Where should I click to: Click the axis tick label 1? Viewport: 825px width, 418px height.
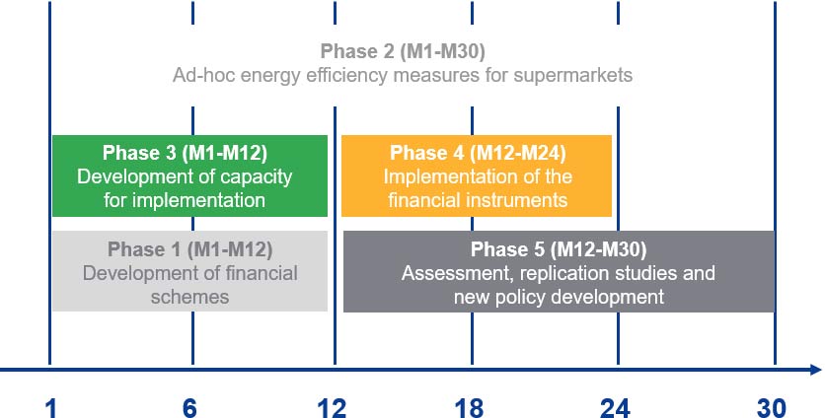click(50, 408)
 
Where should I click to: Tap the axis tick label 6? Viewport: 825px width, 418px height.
click(189, 408)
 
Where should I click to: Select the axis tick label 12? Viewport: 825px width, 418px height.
click(332, 408)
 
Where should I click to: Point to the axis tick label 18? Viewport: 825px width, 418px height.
click(470, 408)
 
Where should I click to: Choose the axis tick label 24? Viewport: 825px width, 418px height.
click(615, 408)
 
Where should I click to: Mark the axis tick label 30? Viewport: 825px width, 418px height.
click(772, 408)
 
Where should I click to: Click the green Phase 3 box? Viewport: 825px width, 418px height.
click(189, 175)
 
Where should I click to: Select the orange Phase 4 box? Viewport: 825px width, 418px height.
click(477, 175)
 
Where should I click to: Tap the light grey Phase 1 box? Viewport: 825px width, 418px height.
click(189, 271)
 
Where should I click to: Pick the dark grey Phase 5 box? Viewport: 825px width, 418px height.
click(559, 271)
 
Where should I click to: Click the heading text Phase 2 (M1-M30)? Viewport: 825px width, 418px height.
click(403, 51)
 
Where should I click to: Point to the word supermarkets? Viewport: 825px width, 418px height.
click(573, 75)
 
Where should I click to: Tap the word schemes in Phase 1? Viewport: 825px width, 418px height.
click(189, 297)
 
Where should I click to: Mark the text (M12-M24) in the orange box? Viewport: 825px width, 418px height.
click(518, 153)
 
